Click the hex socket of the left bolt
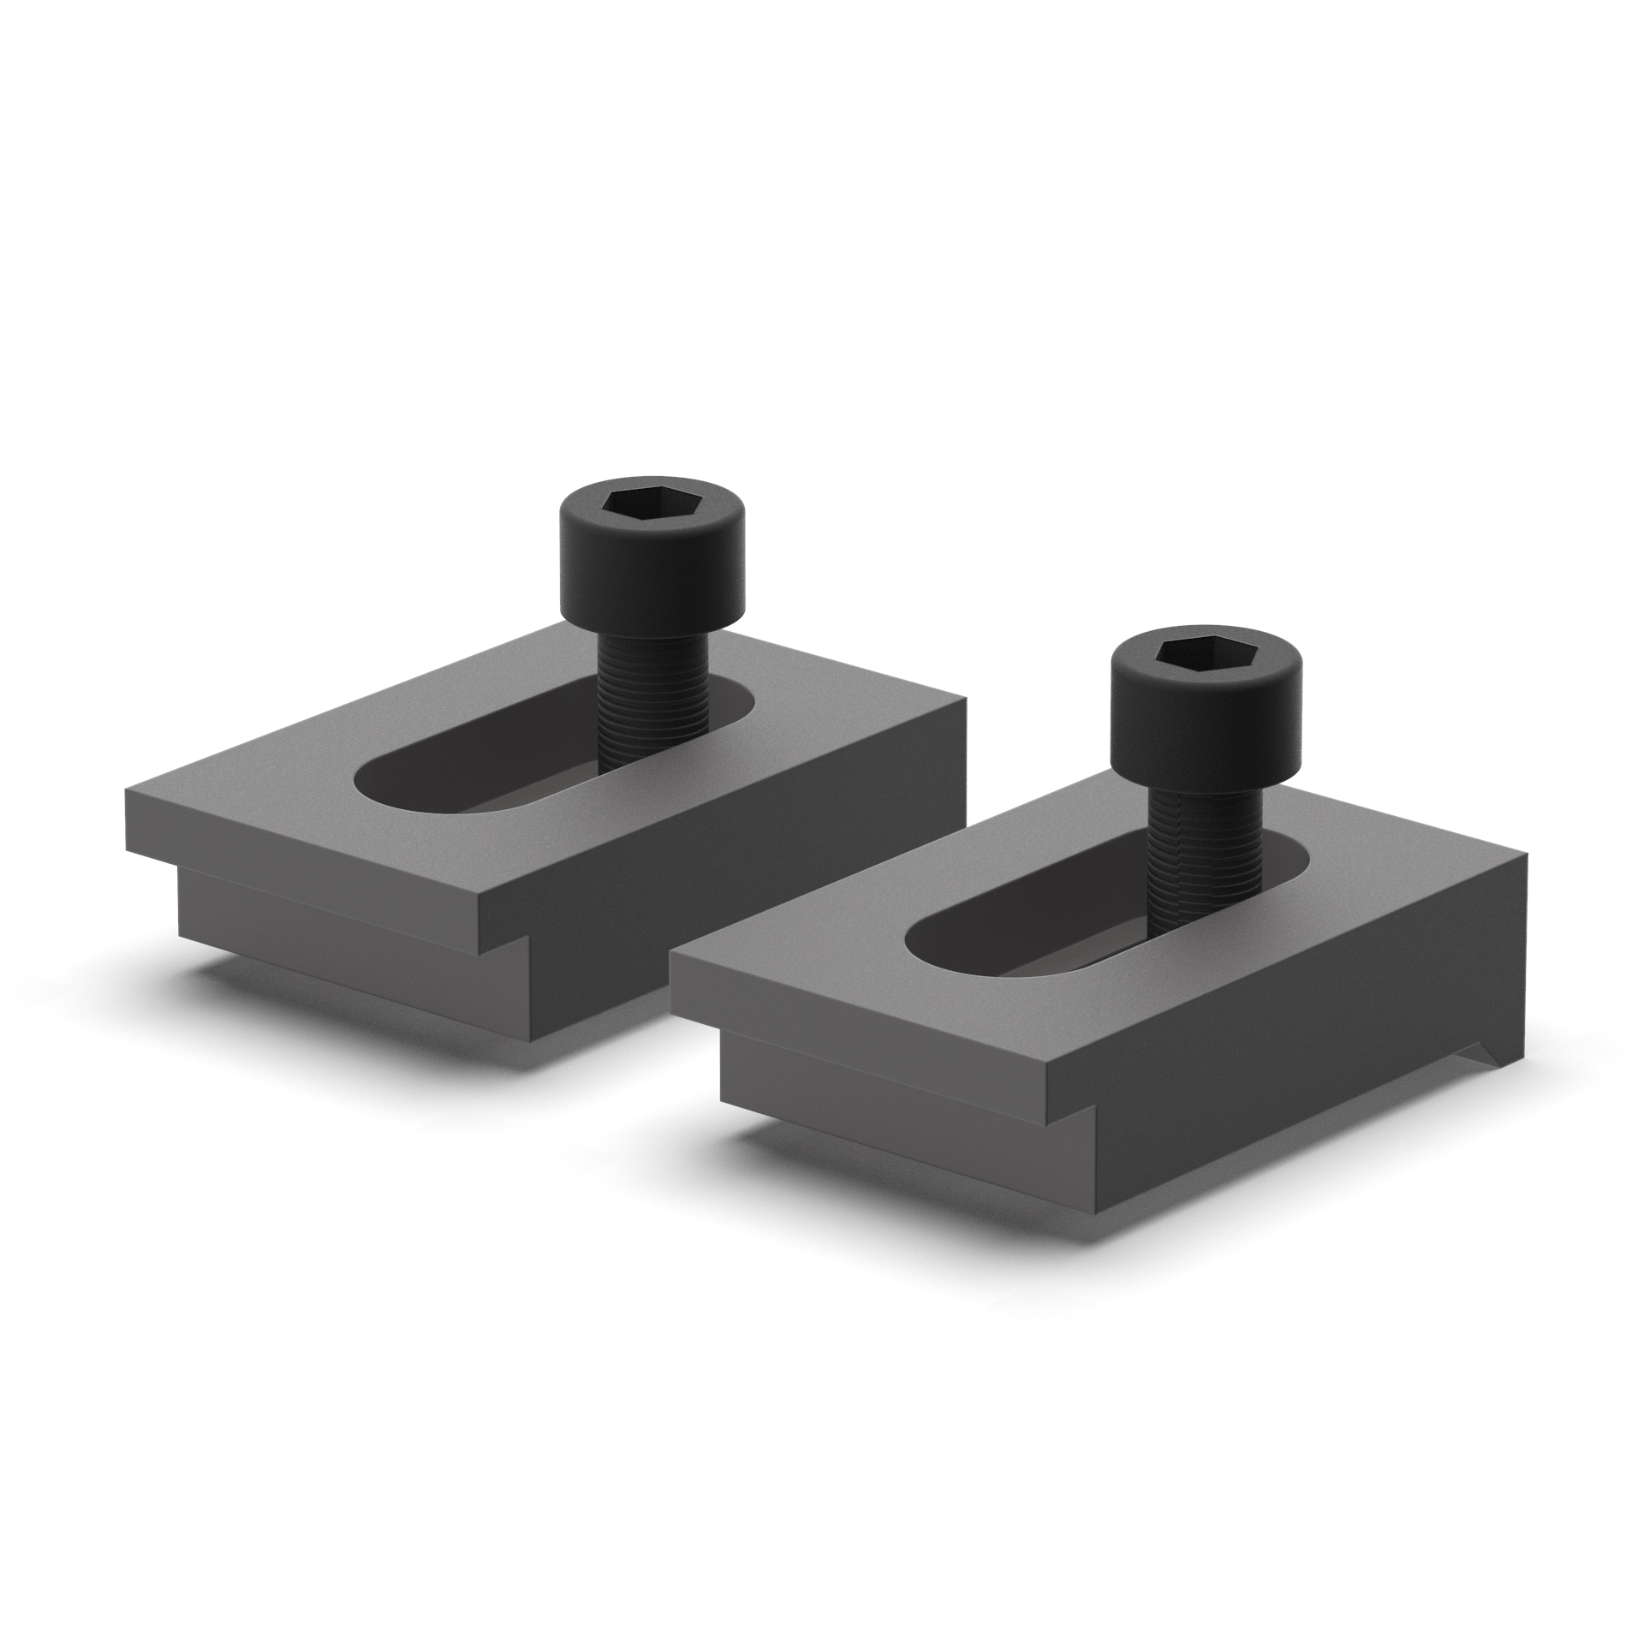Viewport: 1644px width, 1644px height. point(630,503)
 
